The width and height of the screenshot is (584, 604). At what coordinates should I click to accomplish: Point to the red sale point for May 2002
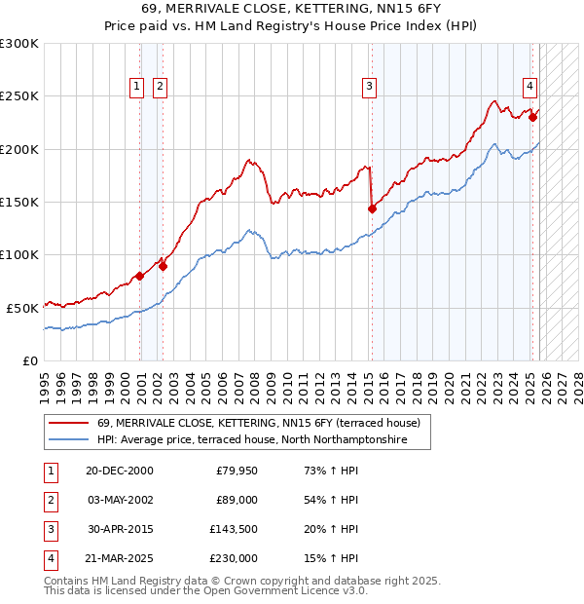pyautogui.click(x=163, y=266)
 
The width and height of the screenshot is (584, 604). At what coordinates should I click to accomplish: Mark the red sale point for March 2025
pyautogui.click(x=532, y=118)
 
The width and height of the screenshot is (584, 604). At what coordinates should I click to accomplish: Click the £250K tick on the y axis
pyautogui.click(x=19, y=96)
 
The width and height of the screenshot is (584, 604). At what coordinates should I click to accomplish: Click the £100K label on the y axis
pyautogui.click(x=19, y=254)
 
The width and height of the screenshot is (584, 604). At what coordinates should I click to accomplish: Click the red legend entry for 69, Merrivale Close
pyautogui.click(x=258, y=423)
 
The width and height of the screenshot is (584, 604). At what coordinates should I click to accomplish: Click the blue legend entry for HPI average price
pyautogui.click(x=264, y=440)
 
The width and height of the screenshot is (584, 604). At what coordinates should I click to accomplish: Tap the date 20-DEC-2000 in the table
pyautogui.click(x=119, y=471)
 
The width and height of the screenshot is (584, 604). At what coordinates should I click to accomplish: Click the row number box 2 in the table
pyautogui.click(x=48, y=500)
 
